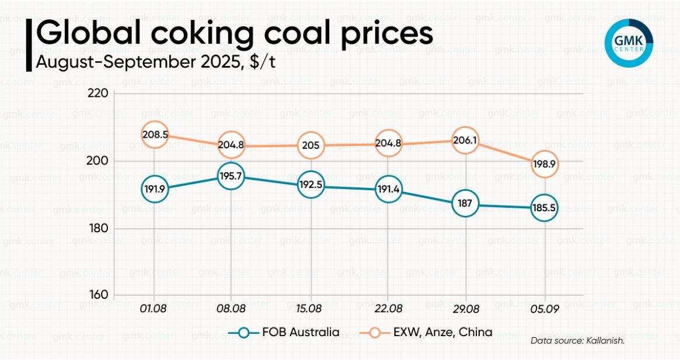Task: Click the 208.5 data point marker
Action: [x=155, y=135]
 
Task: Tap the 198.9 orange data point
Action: [x=543, y=165]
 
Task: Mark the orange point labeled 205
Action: [x=311, y=145]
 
